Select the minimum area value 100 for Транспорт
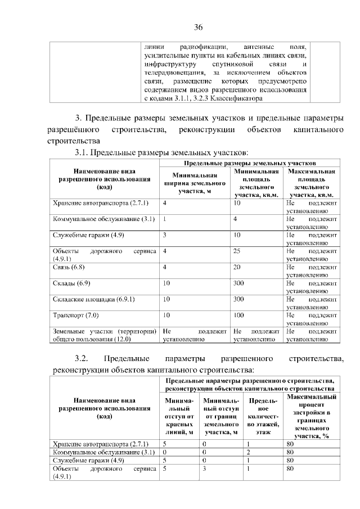coord(238,316)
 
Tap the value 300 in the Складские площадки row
coord(238,299)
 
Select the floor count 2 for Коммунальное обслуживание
coord(248,452)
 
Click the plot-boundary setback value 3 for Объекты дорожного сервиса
coord(205,467)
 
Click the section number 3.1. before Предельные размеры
coord(82,152)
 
